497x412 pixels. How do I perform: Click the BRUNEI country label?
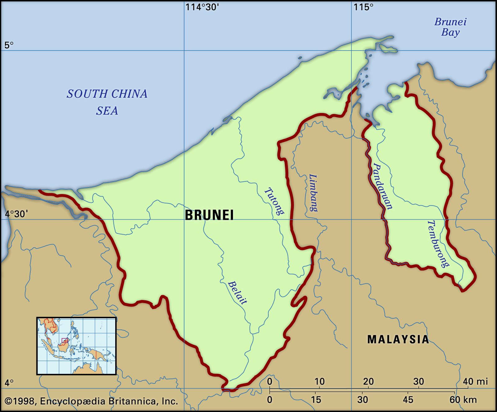(209, 215)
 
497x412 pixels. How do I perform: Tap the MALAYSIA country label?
(398, 339)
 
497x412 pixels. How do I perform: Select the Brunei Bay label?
(450, 27)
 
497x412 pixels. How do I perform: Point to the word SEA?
(107, 111)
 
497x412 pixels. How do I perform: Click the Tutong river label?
(274, 201)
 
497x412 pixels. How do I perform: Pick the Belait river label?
(238, 292)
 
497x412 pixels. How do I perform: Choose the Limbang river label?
(313, 193)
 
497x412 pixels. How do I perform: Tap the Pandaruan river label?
(382, 186)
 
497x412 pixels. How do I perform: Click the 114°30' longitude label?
(202, 7)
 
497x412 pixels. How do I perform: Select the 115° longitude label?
(363, 7)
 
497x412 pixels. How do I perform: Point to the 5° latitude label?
(9, 45)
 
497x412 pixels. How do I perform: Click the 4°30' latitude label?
(16, 214)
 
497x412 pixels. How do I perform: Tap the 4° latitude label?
(9, 383)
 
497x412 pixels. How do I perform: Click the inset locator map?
(76, 346)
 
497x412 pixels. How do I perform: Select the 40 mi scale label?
(475, 381)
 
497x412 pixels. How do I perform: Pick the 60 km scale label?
(463, 400)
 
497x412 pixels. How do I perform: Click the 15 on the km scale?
(316, 400)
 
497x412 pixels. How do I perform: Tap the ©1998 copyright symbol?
(8, 401)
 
